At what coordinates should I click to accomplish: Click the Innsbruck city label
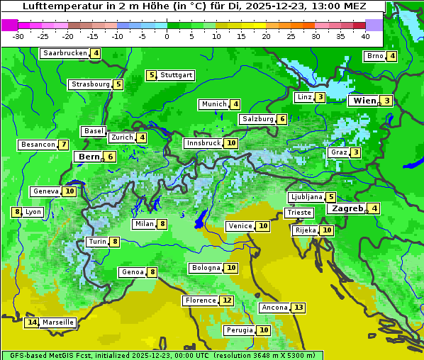point(203,143)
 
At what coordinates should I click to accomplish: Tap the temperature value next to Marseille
point(31,322)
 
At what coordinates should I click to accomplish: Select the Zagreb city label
point(347,208)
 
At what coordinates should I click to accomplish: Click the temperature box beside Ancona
point(299,308)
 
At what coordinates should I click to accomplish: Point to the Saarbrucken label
point(65,53)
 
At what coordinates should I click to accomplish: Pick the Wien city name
point(364,101)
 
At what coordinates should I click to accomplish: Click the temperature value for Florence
point(226,300)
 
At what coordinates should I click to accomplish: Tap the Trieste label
point(298,213)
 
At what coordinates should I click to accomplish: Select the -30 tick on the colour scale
point(18,35)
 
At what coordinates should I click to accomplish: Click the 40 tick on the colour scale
point(365,35)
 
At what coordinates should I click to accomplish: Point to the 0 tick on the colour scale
point(167,35)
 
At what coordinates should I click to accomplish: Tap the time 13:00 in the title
point(320,7)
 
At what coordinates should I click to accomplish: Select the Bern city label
point(89,157)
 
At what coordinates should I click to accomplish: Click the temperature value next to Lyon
point(16,212)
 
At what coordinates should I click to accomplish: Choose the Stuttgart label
point(176,75)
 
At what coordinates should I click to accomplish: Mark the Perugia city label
point(239,330)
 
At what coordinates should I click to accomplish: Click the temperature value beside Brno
point(391,57)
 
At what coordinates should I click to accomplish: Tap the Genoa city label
point(133,272)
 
